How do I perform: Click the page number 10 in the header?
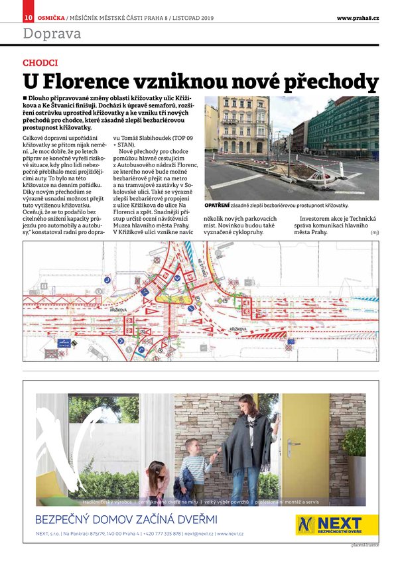[x=29, y=18]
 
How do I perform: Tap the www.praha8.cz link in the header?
[x=358, y=18]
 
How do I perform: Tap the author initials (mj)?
[x=374, y=232]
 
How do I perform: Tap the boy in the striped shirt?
[x=196, y=464]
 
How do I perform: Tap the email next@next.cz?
[x=199, y=534]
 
